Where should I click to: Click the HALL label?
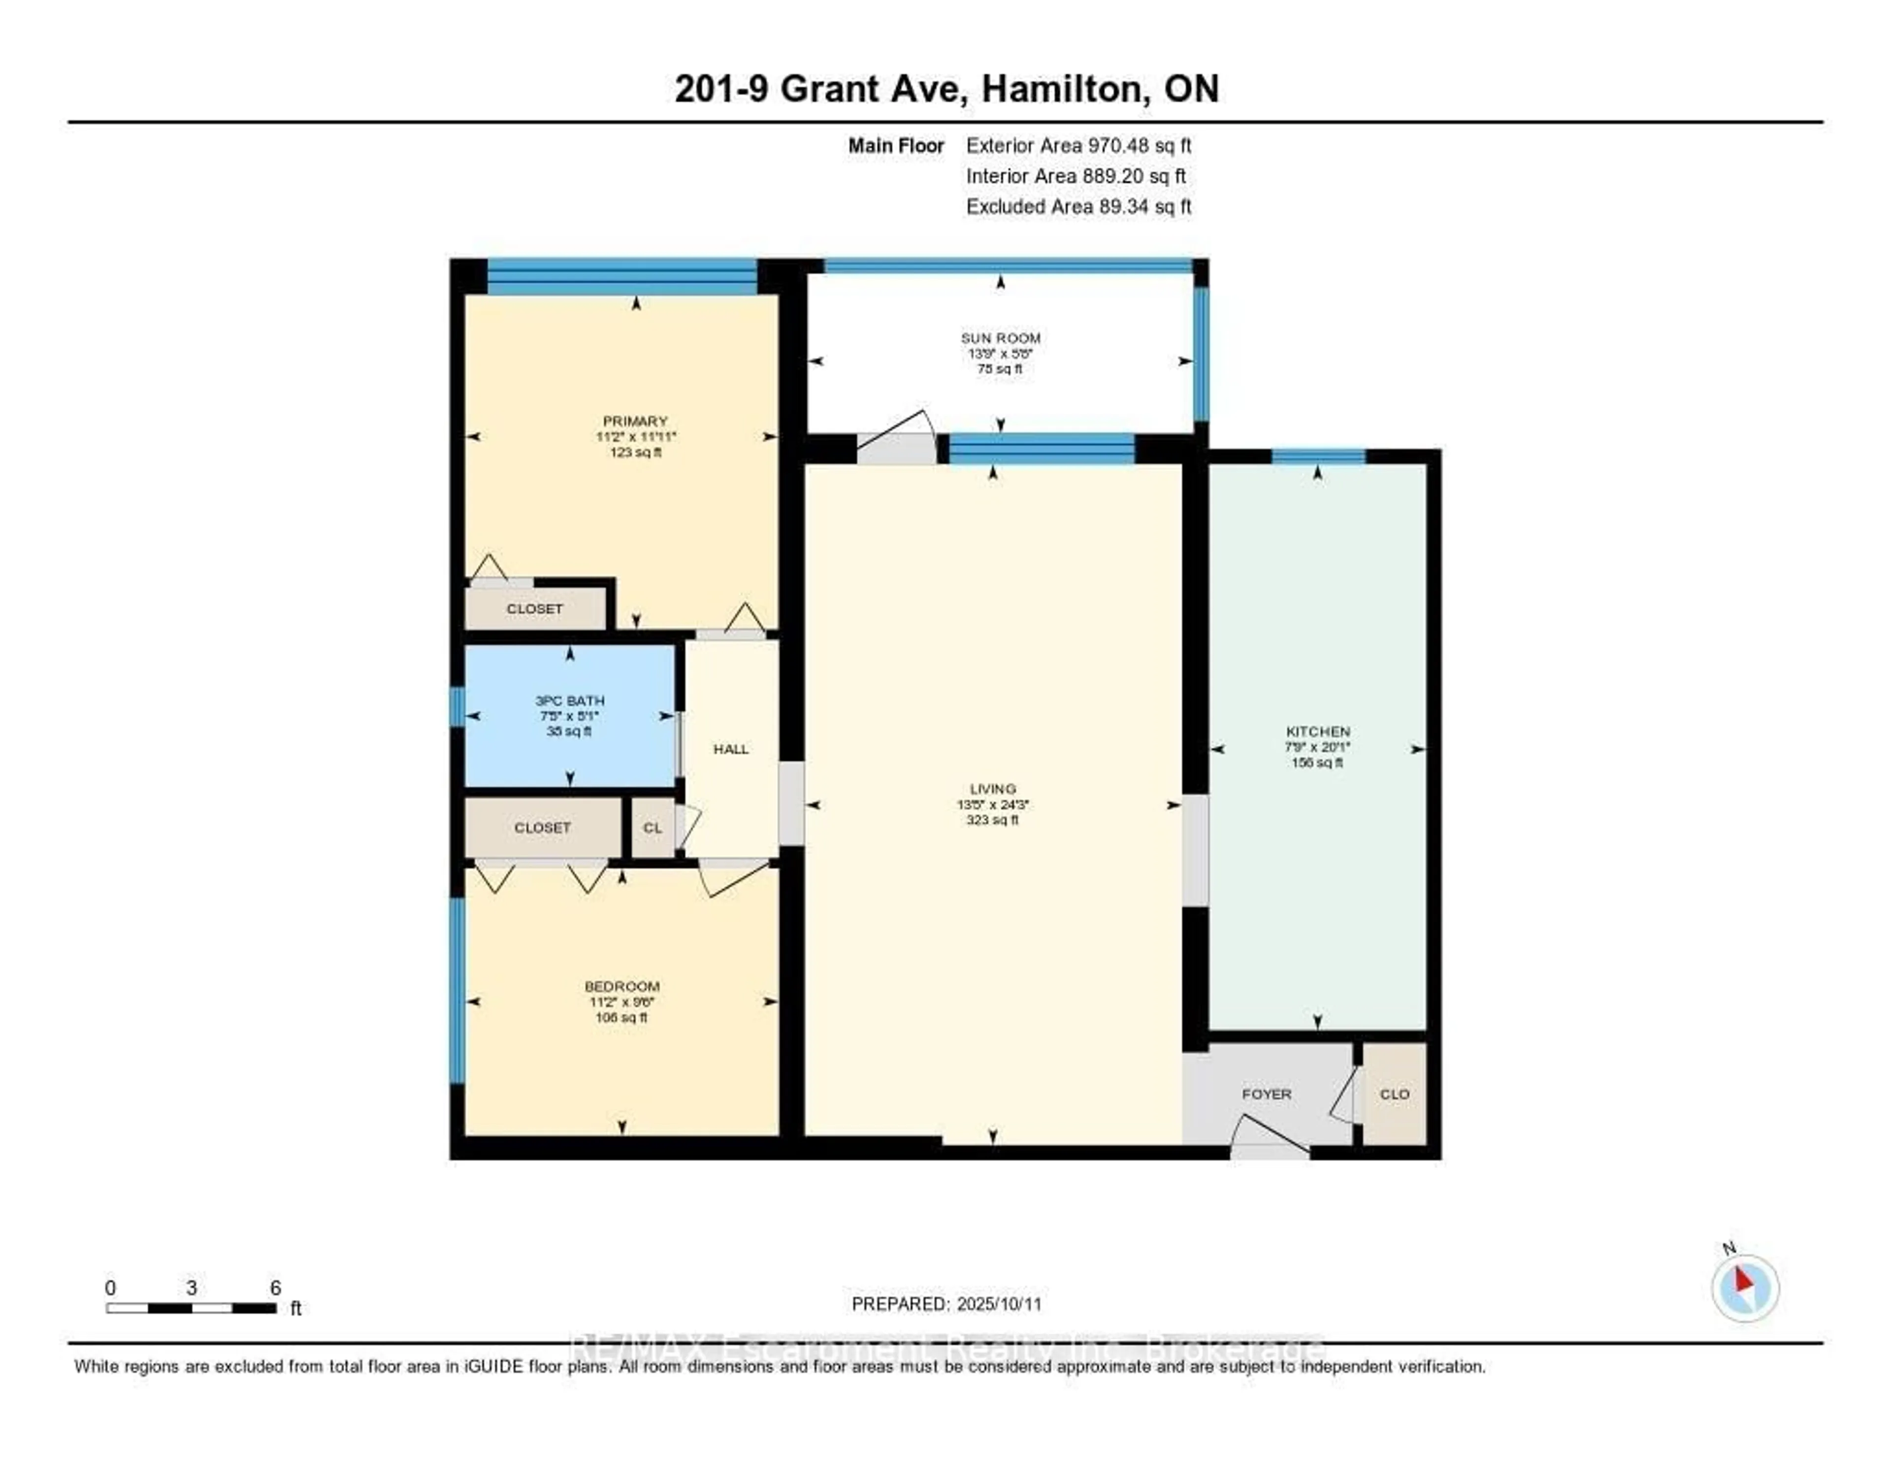731,749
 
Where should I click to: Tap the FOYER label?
1266,1094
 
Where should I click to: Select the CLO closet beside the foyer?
1394,1094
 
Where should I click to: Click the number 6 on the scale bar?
275,1288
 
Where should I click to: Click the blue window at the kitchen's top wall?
1318,456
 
